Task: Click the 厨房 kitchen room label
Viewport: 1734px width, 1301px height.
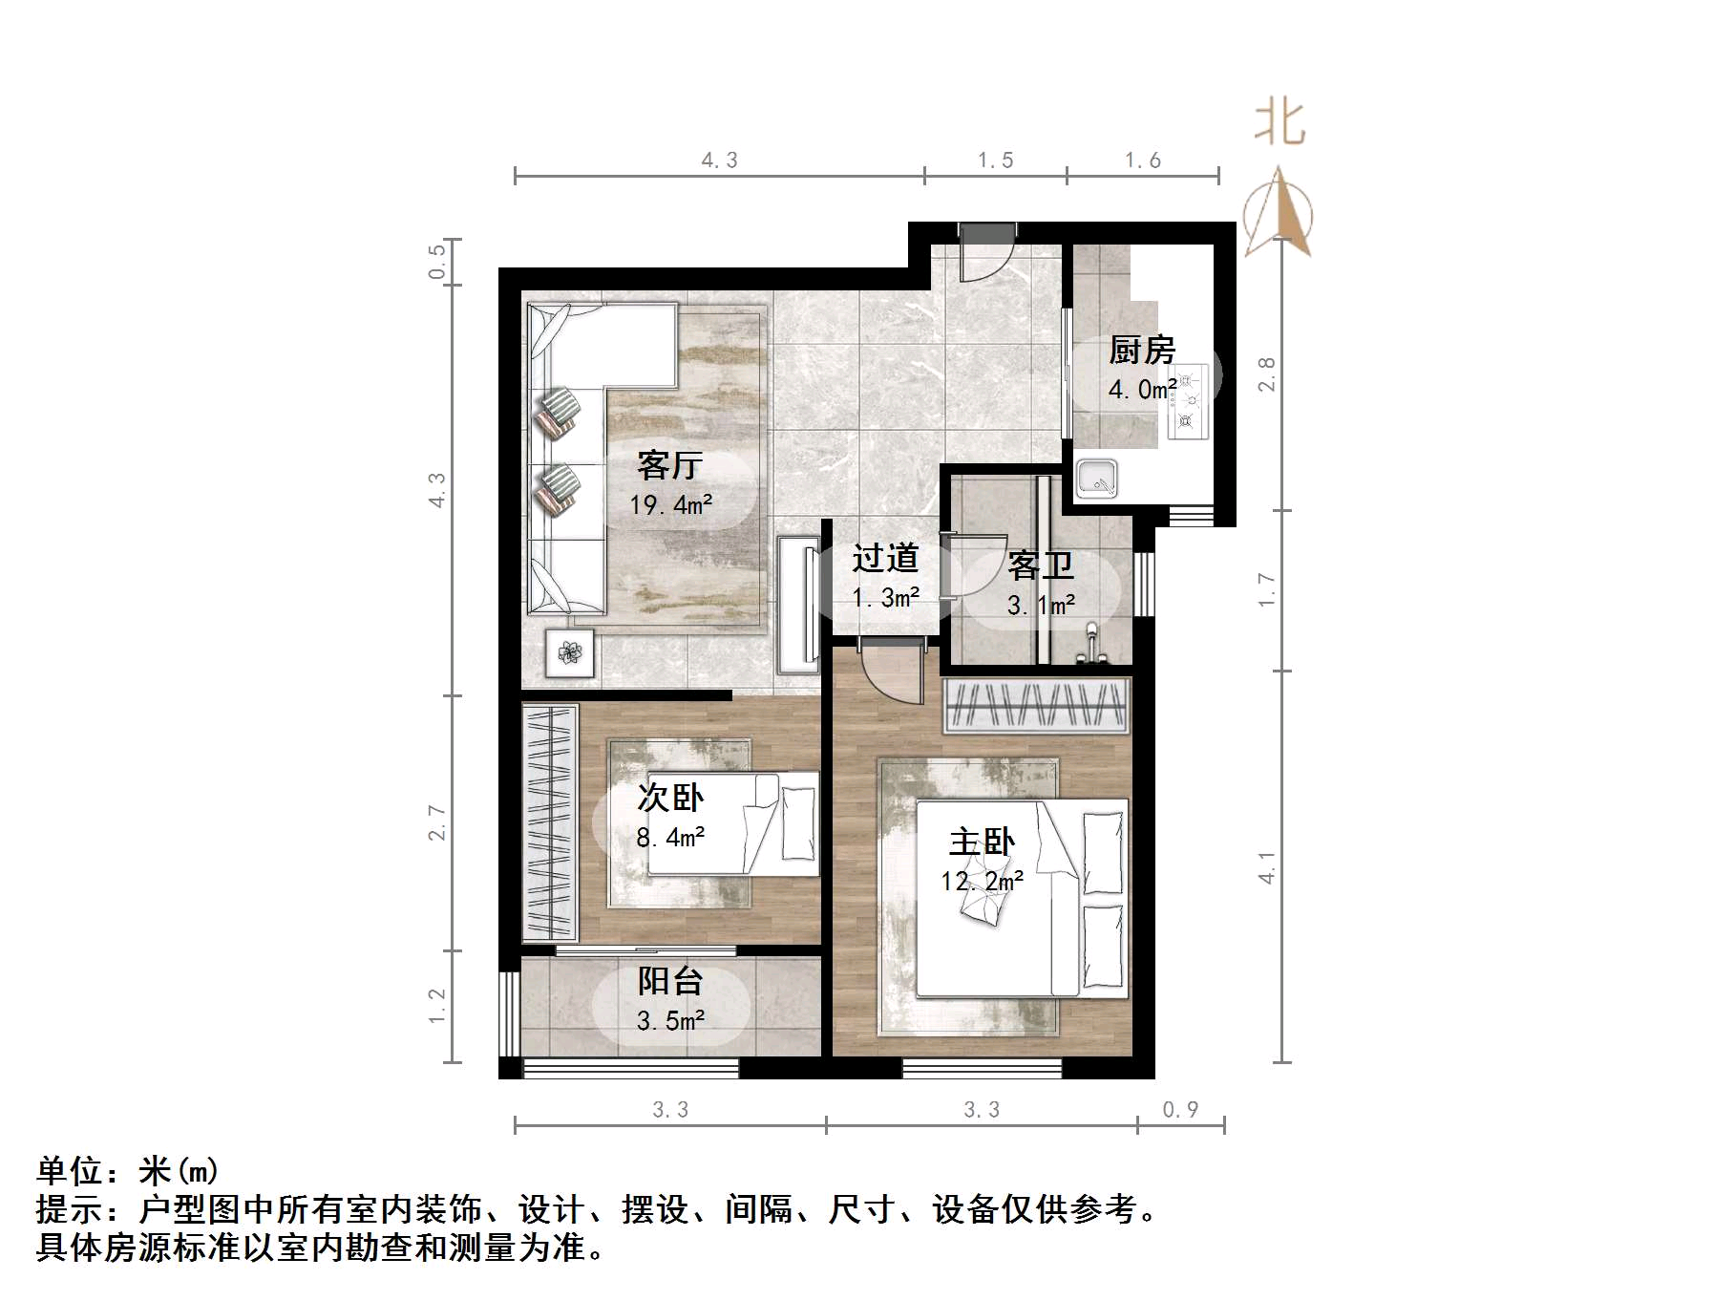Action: [1142, 351]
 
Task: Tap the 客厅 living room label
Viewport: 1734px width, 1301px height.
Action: [669, 465]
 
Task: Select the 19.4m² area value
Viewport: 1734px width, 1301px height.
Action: [670, 504]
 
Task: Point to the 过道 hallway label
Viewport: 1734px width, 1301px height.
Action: [885, 558]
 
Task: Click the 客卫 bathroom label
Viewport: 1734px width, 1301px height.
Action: [1041, 565]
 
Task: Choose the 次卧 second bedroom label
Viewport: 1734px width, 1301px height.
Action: [670, 798]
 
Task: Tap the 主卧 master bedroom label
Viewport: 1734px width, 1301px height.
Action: [982, 842]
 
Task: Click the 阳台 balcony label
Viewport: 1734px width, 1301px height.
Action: [670, 981]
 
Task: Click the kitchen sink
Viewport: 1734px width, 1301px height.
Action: [1097, 479]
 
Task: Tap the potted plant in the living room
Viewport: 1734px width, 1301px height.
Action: [570, 653]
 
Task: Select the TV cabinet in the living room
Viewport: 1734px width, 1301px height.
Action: [797, 605]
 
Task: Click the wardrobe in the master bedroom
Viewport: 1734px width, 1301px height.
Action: [1037, 706]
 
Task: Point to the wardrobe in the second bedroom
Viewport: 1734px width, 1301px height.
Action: [550, 822]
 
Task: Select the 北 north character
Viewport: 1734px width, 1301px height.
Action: [1279, 123]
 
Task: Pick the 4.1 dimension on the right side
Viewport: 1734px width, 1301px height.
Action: [1266, 867]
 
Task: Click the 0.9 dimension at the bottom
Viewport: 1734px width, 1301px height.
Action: [1180, 1110]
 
